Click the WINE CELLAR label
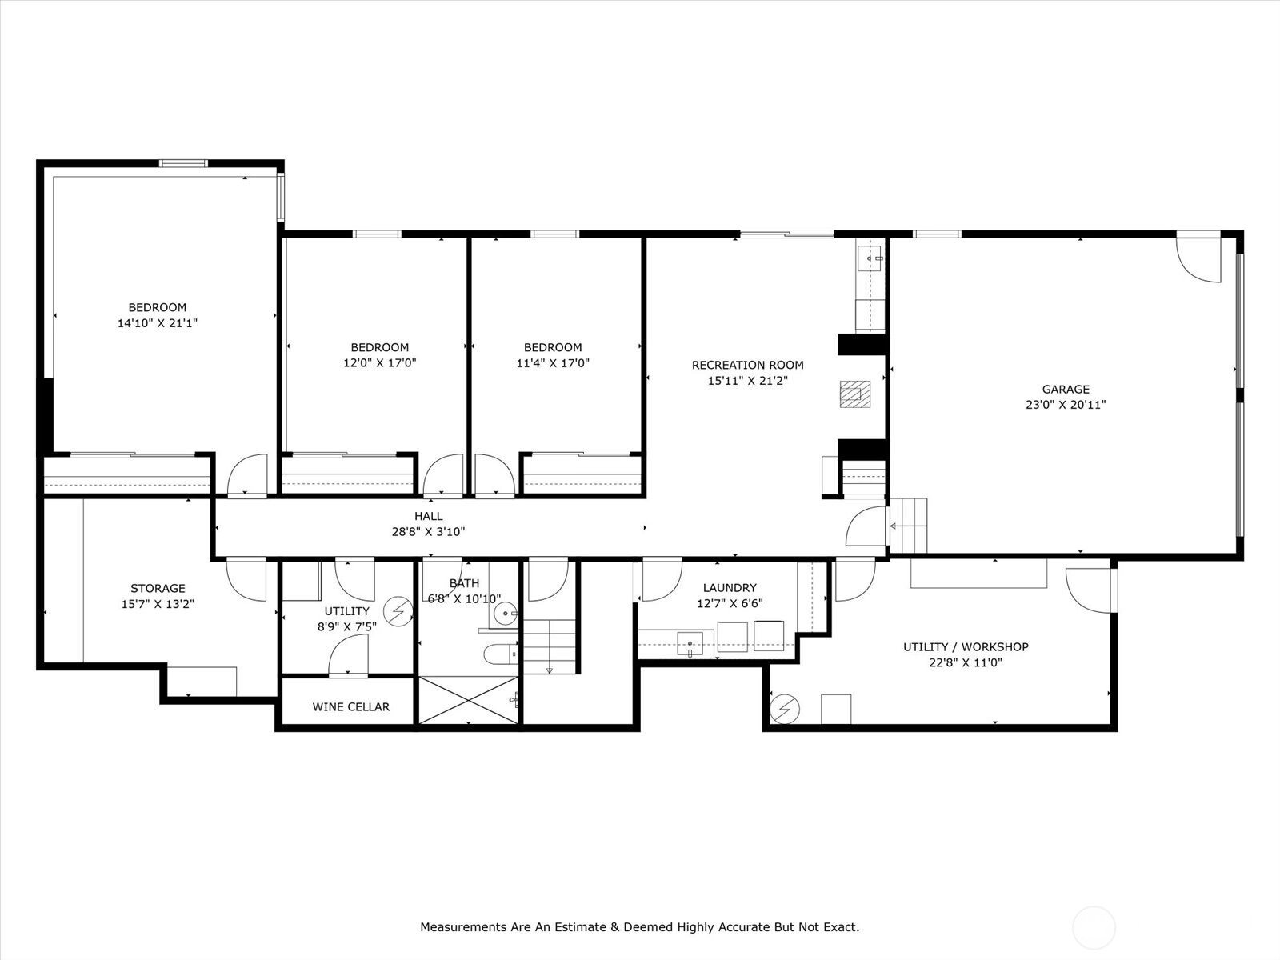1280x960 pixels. click(x=350, y=706)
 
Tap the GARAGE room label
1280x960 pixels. click(x=1066, y=389)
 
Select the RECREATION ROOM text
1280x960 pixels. click(x=747, y=365)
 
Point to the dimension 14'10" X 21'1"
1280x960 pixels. click(x=158, y=323)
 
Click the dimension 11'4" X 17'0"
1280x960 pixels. click(x=553, y=363)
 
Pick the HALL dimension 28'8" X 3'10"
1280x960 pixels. click(x=429, y=531)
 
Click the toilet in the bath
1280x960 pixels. click(x=501, y=654)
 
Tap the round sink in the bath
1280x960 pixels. click(x=505, y=613)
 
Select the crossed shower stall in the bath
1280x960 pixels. click(x=468, y=700)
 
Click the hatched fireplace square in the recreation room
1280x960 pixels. click(x=855, y=394)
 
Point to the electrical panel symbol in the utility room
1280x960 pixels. click(x=399, y=611)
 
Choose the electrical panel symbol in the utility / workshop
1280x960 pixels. click(x=784, y=710)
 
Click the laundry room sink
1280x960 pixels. click(x=690, y=643)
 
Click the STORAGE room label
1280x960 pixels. click(x=158, y=588)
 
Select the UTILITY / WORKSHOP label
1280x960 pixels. click(x=966, y=646)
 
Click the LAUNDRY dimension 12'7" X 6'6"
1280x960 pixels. click(x=730, y=603)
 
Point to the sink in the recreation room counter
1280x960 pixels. click(x=870, y=258)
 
